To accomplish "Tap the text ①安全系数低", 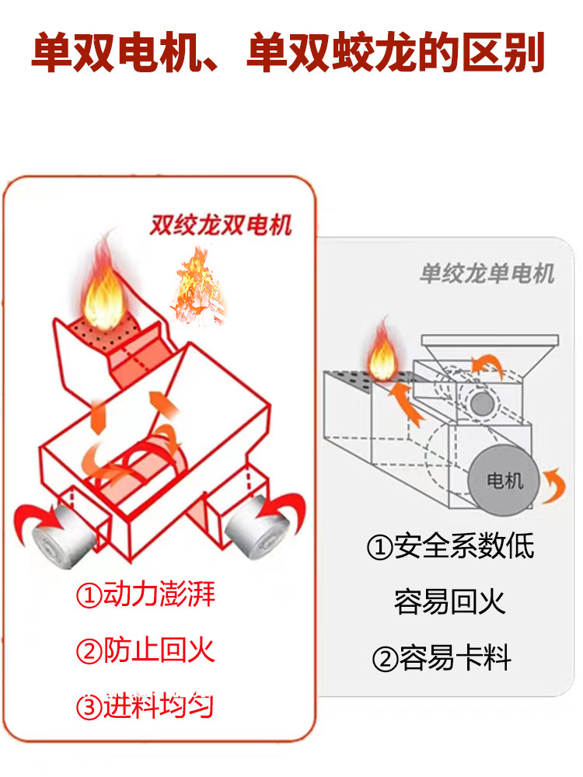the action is click(x=450, y=546).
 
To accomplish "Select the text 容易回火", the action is click(x=450, y=601).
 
